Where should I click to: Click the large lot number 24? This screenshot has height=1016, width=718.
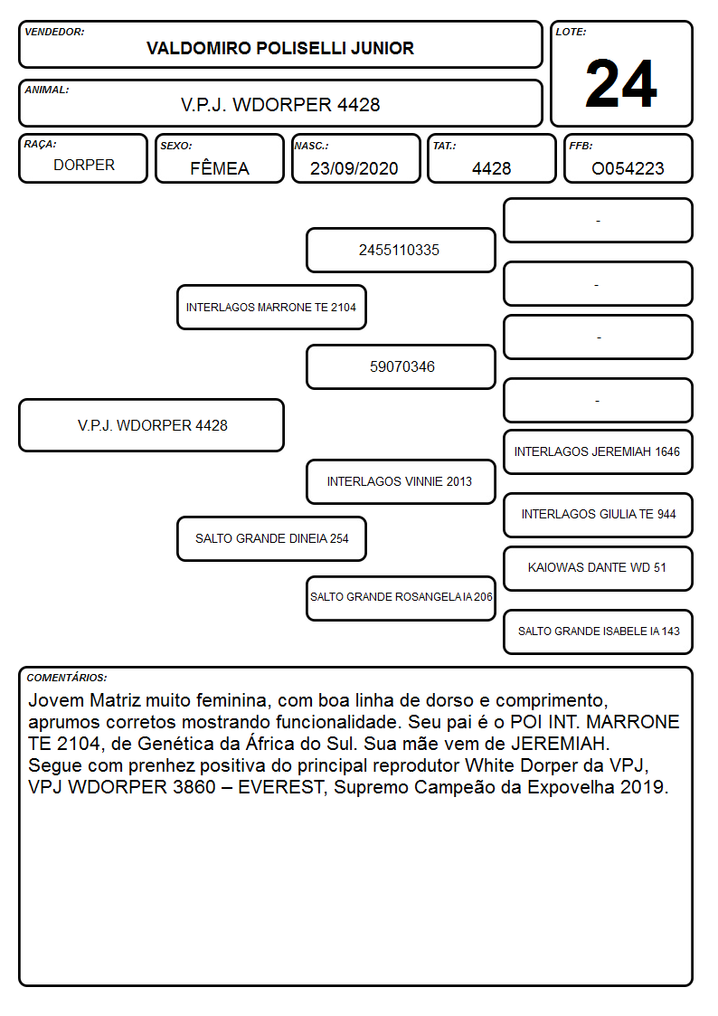coord(621,83)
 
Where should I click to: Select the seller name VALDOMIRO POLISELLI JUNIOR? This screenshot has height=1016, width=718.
coord(280,49)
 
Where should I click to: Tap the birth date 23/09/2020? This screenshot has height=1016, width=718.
coord(354,168)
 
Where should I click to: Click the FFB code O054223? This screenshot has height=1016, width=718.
coord(628,168)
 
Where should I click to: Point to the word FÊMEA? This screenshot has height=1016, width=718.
coord(220,168)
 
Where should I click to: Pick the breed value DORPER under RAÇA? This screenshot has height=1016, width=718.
coord(84,166)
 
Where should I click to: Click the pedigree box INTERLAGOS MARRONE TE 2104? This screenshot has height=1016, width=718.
coord(271,307)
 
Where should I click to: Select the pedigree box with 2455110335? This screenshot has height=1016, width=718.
coord(401,250)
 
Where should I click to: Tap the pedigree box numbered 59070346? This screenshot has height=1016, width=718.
coord(401,366)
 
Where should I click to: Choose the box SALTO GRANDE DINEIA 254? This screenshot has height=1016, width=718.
coord(271,538)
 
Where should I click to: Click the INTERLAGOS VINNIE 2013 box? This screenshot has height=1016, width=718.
coord(401,481)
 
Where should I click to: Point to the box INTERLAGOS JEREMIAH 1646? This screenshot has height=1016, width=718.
coord(598,451)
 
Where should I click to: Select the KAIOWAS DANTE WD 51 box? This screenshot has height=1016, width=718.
coord(598,568)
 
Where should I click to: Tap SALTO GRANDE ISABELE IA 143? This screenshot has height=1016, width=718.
coord(598,631)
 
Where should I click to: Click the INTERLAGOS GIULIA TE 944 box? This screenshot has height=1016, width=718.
coord(598,515)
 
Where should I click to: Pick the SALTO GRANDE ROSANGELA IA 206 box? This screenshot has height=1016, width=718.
coord(401,598)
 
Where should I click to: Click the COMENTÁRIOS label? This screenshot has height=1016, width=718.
coord(67,678)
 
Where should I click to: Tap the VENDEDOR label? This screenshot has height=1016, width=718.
coord(54,32)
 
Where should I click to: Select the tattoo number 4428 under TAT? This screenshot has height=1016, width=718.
coord(491,168)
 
